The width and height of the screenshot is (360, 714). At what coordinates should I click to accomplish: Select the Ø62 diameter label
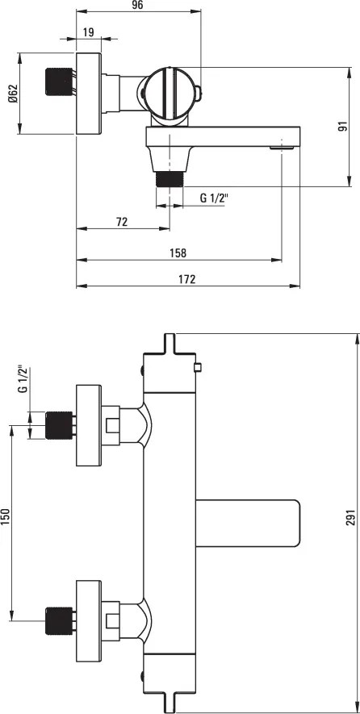(x=12, y=94)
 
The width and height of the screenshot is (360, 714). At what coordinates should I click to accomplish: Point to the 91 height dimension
(x=342, y=127)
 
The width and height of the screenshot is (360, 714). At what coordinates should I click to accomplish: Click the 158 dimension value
(x=178, y=253)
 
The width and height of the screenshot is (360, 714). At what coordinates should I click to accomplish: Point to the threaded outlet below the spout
(x=170, y=177)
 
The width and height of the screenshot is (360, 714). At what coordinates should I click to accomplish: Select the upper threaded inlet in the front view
(x=58, y=425)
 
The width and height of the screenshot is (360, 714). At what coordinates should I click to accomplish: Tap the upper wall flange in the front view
(x=88, y=425)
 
